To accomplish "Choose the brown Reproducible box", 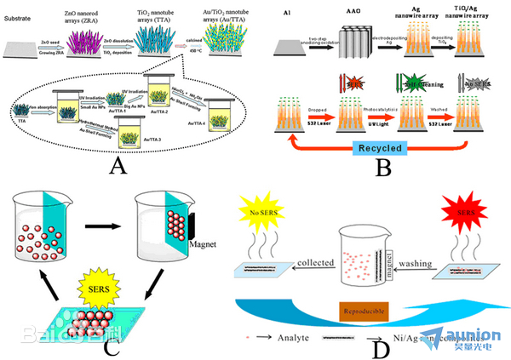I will (365, 308).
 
